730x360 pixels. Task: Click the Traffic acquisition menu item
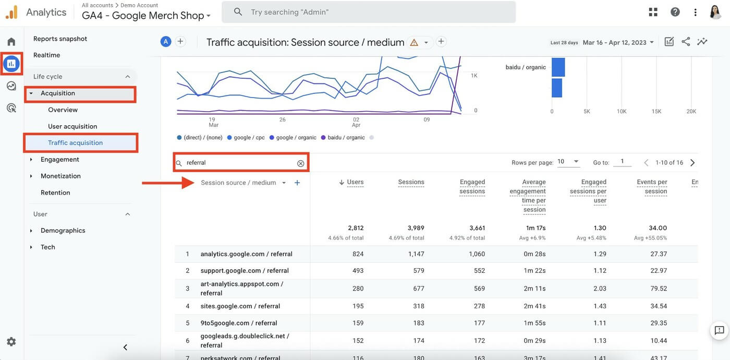(75, 142)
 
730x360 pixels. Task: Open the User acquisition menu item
(72, 126)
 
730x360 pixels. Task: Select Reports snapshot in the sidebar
(60, 39)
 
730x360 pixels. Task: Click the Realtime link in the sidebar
(46, 55)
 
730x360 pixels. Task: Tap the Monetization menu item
(60, 176)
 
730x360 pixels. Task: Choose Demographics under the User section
(63, 230)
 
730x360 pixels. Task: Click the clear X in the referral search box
(300, 163)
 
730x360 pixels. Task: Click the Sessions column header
(411, 182)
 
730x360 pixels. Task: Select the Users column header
(355, 182)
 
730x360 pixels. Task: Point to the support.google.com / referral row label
(244, 271)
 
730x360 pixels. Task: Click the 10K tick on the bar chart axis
(622, 111)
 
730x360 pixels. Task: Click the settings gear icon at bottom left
(11, 342)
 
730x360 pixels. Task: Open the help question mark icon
(675, 12)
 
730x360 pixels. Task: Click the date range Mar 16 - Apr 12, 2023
(618, 42)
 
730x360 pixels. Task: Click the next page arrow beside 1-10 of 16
(692, 163)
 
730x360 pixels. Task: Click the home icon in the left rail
(11, 42)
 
